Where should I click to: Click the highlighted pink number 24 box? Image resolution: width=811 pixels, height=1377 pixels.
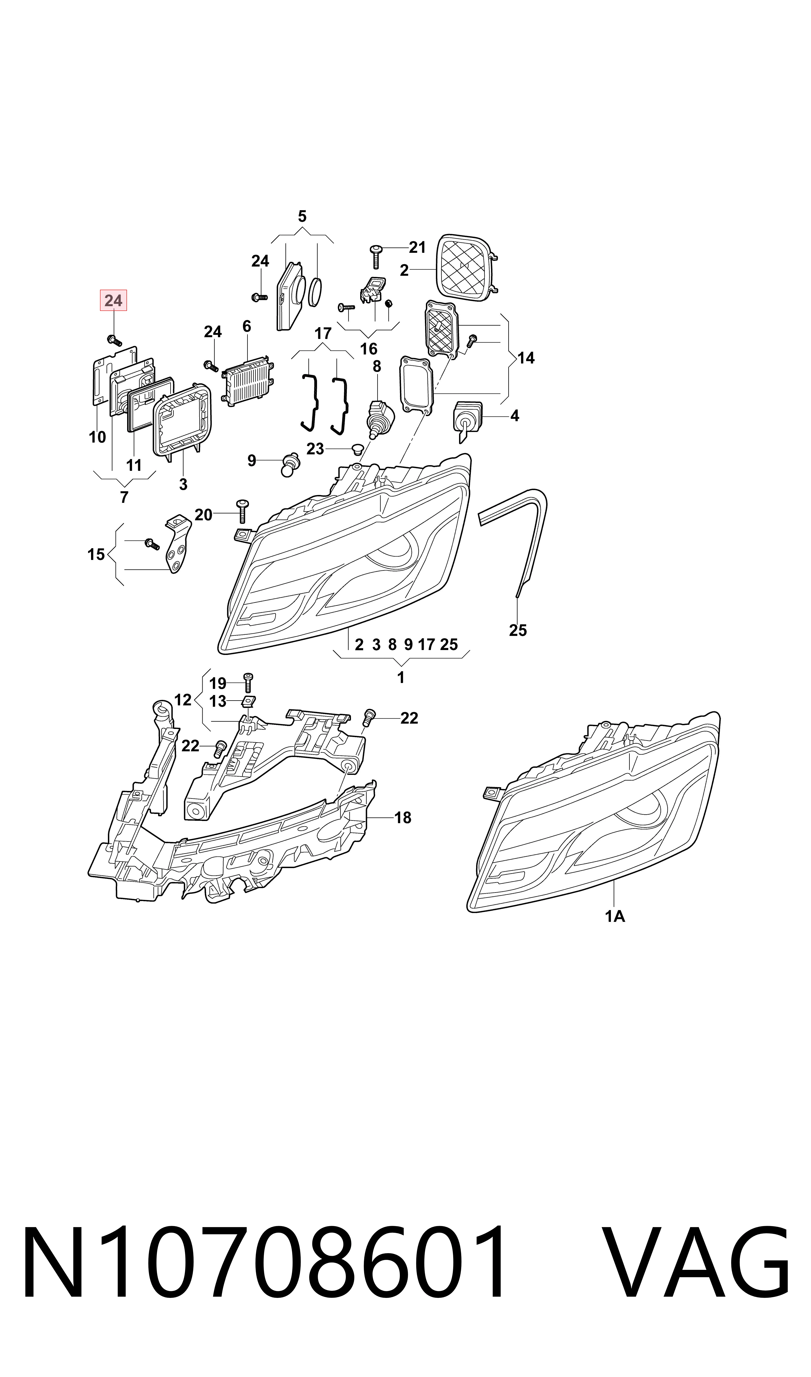pos(113,300)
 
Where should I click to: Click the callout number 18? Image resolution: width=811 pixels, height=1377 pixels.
pos(403,818)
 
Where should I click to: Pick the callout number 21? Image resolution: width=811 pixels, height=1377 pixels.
pos(417,248)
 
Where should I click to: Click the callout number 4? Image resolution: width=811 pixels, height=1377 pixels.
pos(514,416)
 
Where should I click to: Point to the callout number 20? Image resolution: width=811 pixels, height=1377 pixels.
pos(203,515)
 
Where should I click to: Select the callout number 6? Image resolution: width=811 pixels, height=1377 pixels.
pos(247,326)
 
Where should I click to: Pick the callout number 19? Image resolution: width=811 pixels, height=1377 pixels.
pos(218,683)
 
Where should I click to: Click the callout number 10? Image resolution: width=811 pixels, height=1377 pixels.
pos(97,437)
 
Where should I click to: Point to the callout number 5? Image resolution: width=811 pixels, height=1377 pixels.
pos(302,216)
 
